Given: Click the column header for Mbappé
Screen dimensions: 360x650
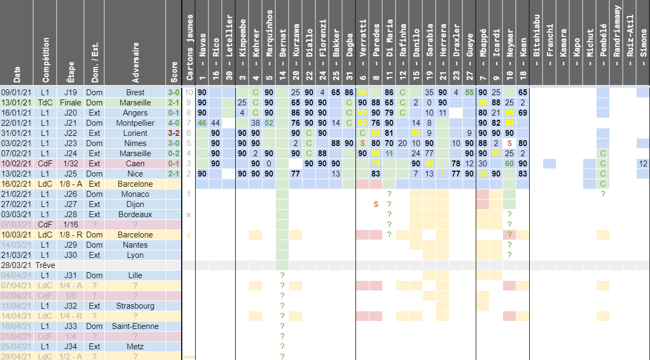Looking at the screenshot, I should coord(483,43).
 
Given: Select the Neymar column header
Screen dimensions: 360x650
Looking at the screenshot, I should coord(509,43).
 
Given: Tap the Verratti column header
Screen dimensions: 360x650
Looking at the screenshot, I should coord(362,43).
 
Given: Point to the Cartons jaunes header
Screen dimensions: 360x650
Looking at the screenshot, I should coord(188,43).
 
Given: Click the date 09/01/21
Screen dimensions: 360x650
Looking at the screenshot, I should coord(17,93).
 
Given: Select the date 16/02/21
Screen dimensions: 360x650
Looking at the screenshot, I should coord(17,184).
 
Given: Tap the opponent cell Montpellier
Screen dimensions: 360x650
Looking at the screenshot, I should coord(135,123).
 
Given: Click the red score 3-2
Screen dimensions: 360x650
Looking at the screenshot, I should coord(173,133).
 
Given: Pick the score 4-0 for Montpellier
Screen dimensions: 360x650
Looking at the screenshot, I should coord(173,123).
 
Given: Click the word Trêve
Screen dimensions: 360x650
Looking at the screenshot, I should coord(45,265).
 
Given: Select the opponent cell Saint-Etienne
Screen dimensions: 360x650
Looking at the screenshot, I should coord(135,326).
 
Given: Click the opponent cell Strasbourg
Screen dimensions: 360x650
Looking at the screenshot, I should coord(135,306).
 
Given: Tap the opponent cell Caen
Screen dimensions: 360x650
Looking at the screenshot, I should coord(135,164).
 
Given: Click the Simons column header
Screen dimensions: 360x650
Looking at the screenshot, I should coord(643,43).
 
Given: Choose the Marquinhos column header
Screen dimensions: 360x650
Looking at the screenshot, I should coord(269,43).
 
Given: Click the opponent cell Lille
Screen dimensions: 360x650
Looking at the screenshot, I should coord(135,275).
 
